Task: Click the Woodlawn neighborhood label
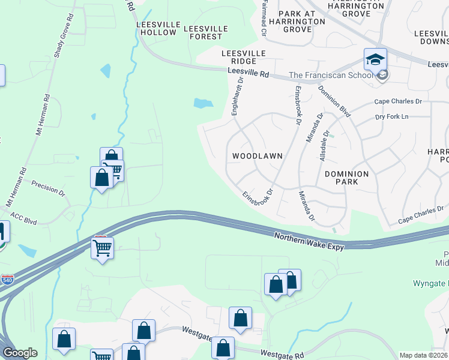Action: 257,155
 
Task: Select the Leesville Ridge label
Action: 244,57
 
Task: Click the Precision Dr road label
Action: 48,188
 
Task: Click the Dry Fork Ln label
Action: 391,116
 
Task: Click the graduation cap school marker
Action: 375,59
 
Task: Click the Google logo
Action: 20,353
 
